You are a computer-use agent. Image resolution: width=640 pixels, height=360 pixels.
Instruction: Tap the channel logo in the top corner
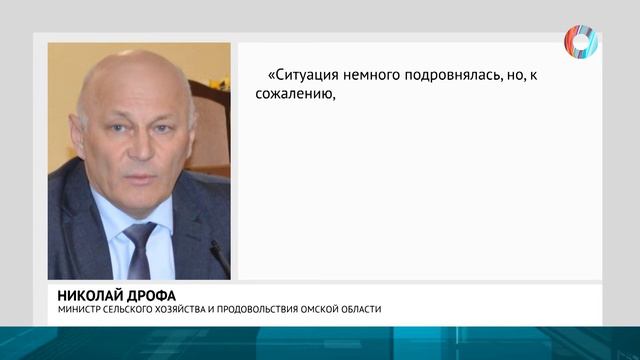[580, 41]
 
